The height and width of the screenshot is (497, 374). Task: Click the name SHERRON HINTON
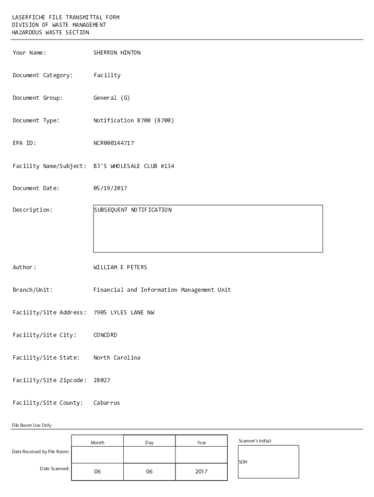pos(117,52)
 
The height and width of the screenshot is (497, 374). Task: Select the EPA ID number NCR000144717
pos(114,143)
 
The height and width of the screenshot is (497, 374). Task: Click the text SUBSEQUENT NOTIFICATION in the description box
pos(133,210)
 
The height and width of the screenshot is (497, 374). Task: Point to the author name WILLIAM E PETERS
pos(120,267)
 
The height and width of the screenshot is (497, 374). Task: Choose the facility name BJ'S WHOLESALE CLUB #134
pos(134,166)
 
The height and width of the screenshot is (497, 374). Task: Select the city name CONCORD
pos(105,335)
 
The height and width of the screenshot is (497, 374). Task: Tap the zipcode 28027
pos(102,381)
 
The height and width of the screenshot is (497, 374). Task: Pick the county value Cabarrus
pos(107,403)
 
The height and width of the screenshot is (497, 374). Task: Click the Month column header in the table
pos(97,443)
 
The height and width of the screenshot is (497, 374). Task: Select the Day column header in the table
pos(149,443)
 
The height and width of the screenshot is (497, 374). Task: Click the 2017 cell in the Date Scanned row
pos(201,471)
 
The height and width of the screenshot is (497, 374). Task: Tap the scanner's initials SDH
pos(243,462)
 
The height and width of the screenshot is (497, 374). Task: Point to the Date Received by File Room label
pos(41,452)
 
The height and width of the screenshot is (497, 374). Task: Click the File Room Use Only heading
pos(32,425)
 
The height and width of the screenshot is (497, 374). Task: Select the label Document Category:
pos(43,75)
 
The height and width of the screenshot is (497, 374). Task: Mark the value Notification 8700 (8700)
pos(134,120)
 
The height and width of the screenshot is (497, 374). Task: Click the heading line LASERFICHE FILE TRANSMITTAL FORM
pos(66,17)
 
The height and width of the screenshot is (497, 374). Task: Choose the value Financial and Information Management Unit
pos(162,290)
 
